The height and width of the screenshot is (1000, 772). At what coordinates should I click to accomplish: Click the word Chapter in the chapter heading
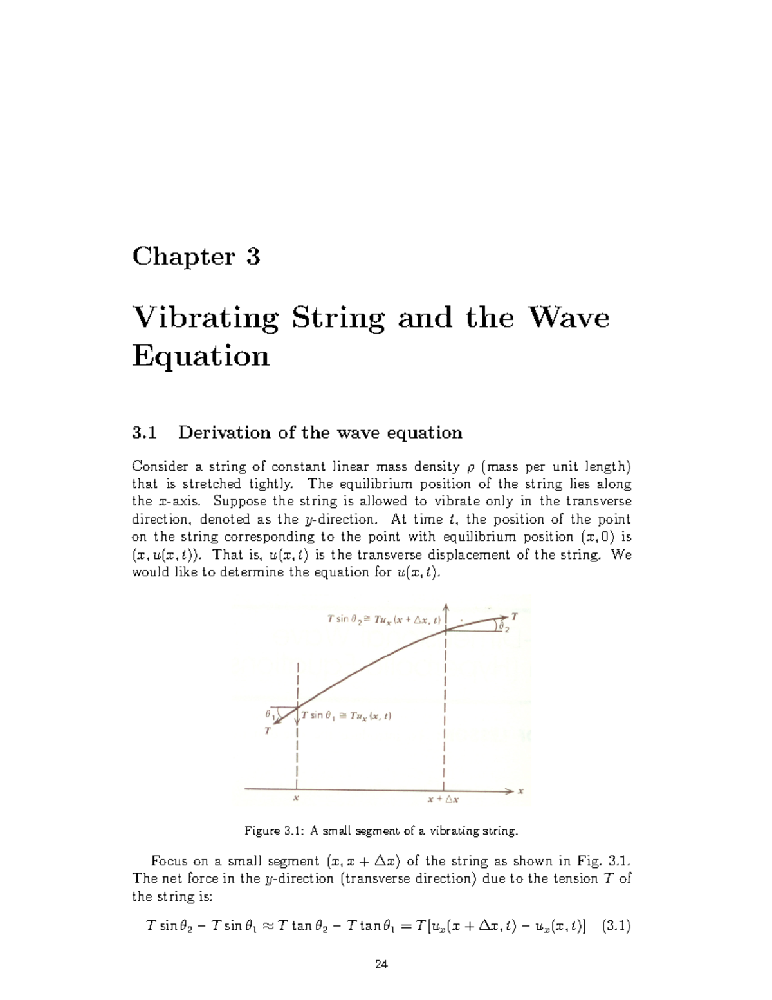[x=183, y=257]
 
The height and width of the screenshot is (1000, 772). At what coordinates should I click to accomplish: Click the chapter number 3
[x=253, y=257]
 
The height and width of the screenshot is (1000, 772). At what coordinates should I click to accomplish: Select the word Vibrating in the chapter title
[x=205, y=318]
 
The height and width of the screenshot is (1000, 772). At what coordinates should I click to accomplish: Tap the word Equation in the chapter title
[x=200, y=355]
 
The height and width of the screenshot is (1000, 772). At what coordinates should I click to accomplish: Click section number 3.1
[x=144, y=433]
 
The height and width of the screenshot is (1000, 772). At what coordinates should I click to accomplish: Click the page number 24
[x=381, y=964]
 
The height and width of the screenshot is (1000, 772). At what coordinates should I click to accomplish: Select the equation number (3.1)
[x=616, y=927]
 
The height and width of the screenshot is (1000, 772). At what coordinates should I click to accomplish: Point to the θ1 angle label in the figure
[x=270, y=714]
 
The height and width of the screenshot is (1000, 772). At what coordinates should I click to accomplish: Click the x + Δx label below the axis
[x=443, y=800]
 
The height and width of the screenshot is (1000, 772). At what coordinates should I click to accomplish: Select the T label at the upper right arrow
[x=514, y=616]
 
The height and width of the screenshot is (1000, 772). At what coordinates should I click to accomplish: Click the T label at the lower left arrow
[x=268, y=731]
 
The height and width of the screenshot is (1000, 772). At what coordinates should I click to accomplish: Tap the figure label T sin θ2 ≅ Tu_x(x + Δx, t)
[x=383, y=620]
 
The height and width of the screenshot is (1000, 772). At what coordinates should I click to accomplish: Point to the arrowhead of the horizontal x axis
[x=511, y=790]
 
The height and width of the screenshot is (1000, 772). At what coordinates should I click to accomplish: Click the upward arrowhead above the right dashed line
[x=446, y=608]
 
